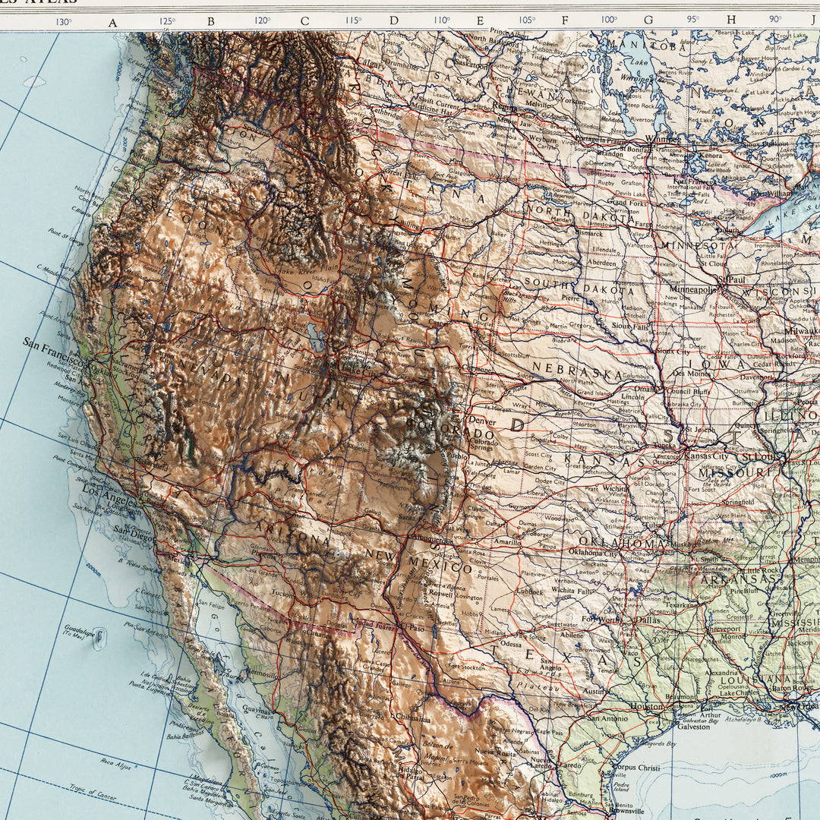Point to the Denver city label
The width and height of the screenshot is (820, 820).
[482, 420]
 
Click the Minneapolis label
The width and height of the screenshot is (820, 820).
[693, 289]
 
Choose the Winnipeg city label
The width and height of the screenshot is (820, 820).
[664, 140]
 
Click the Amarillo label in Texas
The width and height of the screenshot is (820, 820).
[506, 542]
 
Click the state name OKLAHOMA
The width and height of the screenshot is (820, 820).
[622, 542]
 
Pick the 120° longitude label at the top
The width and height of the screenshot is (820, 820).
[262, 20]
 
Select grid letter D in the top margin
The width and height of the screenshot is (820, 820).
[394, 21]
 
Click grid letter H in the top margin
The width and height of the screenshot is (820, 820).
[731, 20]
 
